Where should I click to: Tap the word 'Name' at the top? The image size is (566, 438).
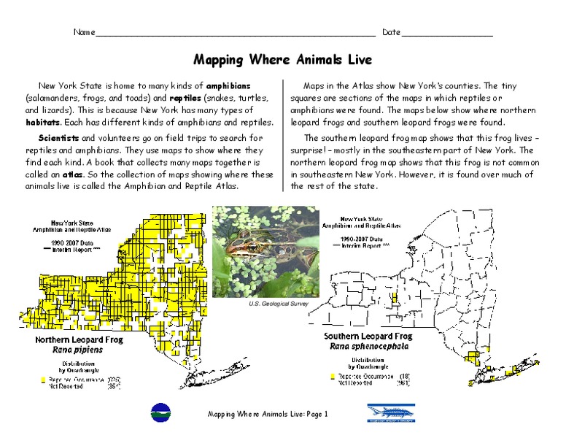[x=84, y=33]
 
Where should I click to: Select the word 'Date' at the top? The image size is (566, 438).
[x=391, y=33]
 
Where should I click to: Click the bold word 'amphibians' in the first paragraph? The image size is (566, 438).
[x=230, y=85]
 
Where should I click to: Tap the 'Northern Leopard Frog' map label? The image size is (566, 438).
[x=79, y=340]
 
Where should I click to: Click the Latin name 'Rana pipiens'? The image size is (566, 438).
[x=78, y=350]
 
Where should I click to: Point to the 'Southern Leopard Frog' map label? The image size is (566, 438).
[x=368, y=337]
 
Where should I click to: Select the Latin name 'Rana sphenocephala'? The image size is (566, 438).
[x=368, y=347]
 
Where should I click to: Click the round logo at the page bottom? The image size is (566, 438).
[x=158, y=412]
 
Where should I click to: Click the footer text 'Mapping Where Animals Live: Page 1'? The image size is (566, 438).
[x=268, y=415]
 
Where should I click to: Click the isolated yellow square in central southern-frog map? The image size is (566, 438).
[x=395, y=298]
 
